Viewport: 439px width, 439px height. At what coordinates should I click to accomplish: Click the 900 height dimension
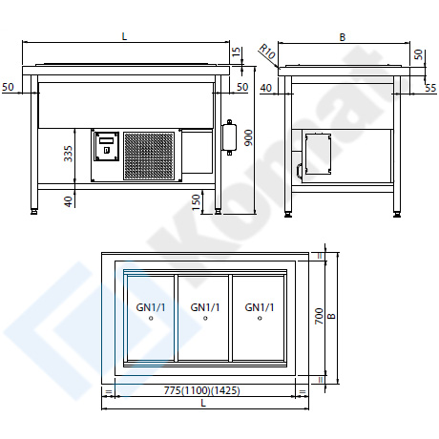pos(249,137)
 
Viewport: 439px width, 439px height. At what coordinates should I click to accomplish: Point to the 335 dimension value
pos(69,154)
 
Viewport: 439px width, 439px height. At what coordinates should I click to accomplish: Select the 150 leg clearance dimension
pos(196,202)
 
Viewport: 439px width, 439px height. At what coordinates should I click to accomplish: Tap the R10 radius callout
pos(266,52)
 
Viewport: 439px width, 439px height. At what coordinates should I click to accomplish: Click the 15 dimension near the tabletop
pos(237,52)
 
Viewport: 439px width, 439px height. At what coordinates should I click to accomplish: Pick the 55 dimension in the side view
pos(430,88)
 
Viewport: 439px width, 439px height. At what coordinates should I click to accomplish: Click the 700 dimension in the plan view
pos(319,316)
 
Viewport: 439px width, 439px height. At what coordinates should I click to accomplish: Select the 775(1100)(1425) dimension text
pos(202,390)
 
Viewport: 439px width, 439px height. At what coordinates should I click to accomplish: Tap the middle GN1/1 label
pos(205,307)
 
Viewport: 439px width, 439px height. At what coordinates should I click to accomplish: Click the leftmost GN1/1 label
pos(151,307)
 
